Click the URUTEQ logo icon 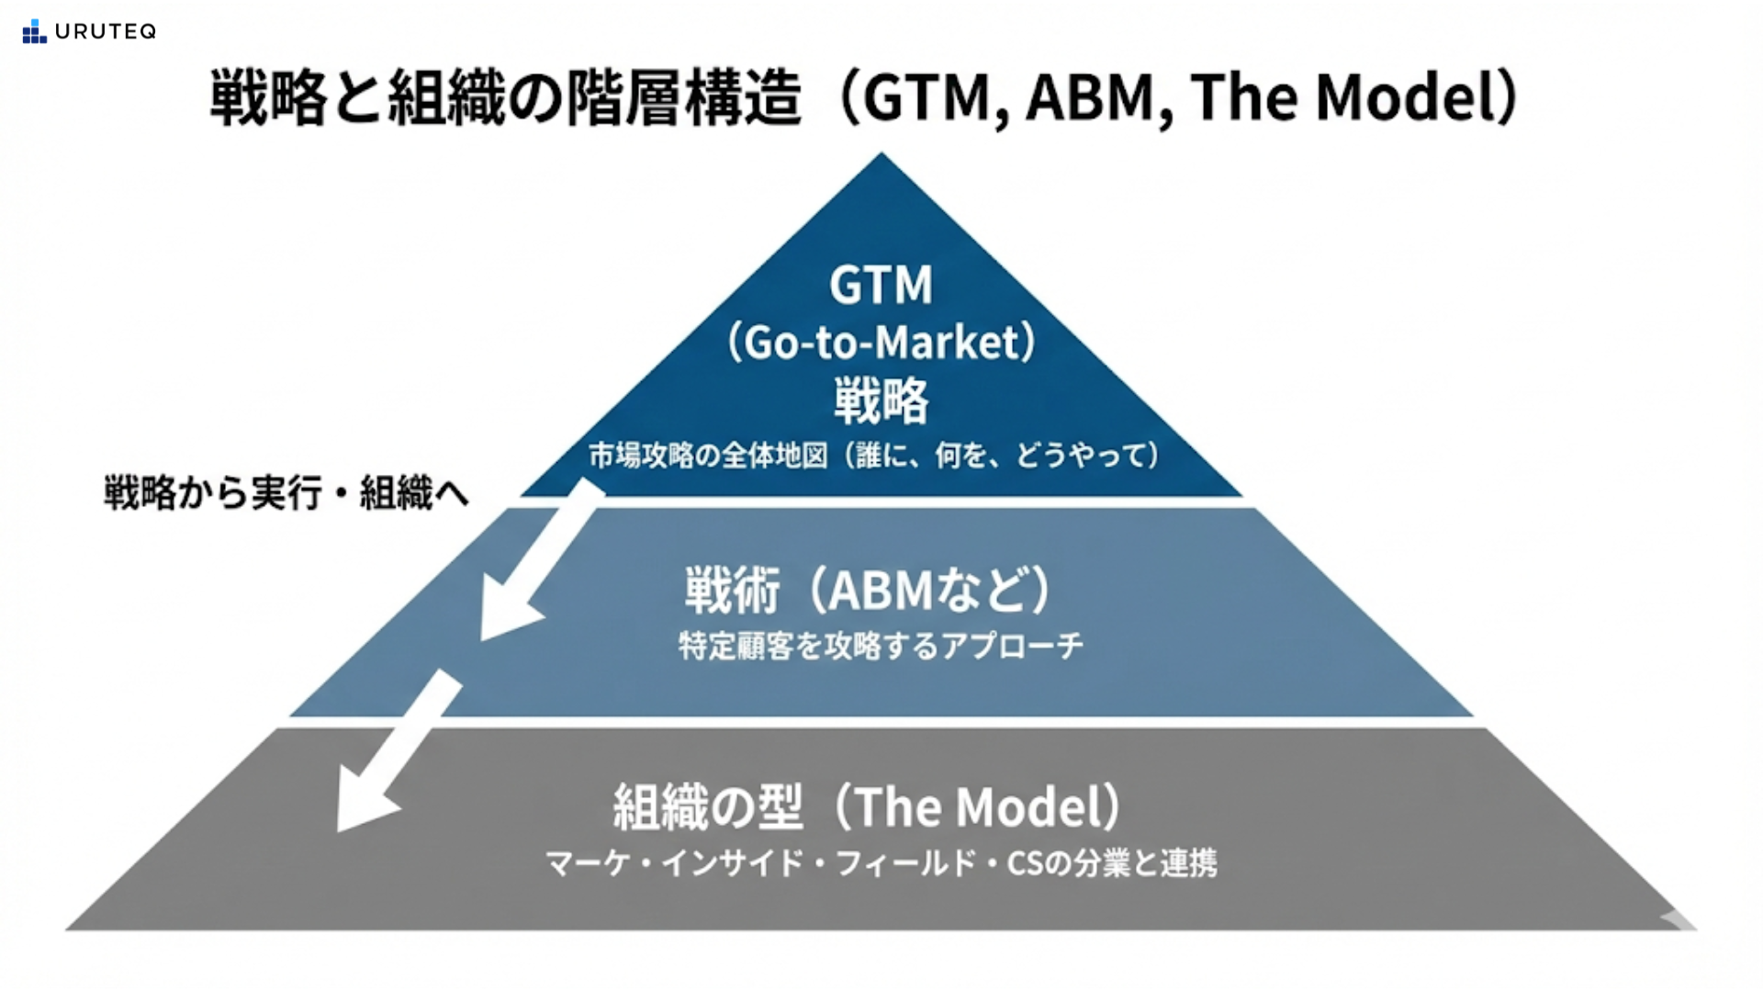point(34,32)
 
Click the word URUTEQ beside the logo point(106,32)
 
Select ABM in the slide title point(1089,97)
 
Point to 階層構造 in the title point(684,97)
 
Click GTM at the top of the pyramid point(881,285)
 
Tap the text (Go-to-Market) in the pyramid point(881,343)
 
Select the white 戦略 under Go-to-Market point(881,401)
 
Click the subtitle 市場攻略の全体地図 point(708,456)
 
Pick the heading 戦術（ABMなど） point(868,590)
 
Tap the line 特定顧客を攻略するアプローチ point(881,646)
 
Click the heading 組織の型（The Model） point(868,806)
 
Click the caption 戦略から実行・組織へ point(286,493)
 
